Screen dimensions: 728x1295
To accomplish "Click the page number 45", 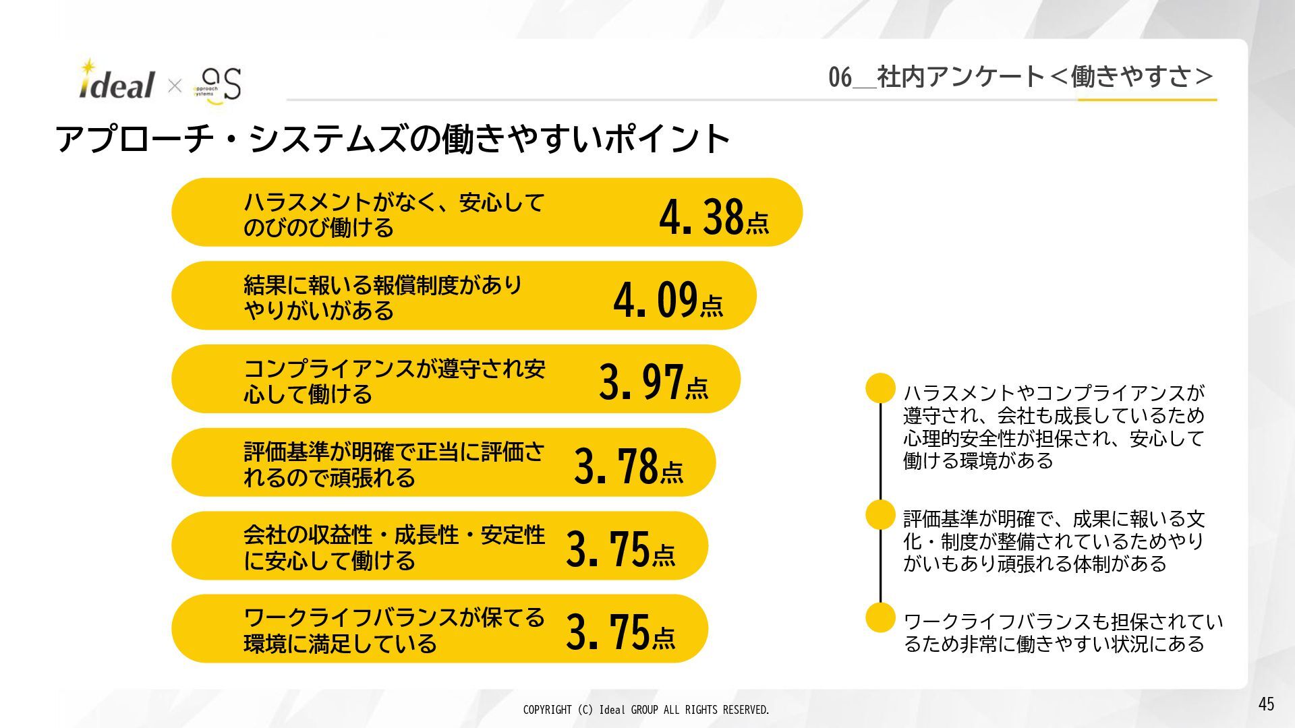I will [1266, 704].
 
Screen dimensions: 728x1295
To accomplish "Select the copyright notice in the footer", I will [645, 710].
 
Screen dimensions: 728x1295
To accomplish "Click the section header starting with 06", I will [1020, 77].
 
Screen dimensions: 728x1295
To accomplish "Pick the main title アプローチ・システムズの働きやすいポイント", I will [393, 139].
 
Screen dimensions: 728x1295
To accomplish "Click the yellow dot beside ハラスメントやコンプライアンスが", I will [880, 388].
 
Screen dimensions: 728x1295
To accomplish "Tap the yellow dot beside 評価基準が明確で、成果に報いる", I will [880, 515].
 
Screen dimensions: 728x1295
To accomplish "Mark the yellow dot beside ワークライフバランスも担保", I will [880, 617].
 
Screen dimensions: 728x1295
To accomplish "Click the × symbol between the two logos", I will [175, 86].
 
